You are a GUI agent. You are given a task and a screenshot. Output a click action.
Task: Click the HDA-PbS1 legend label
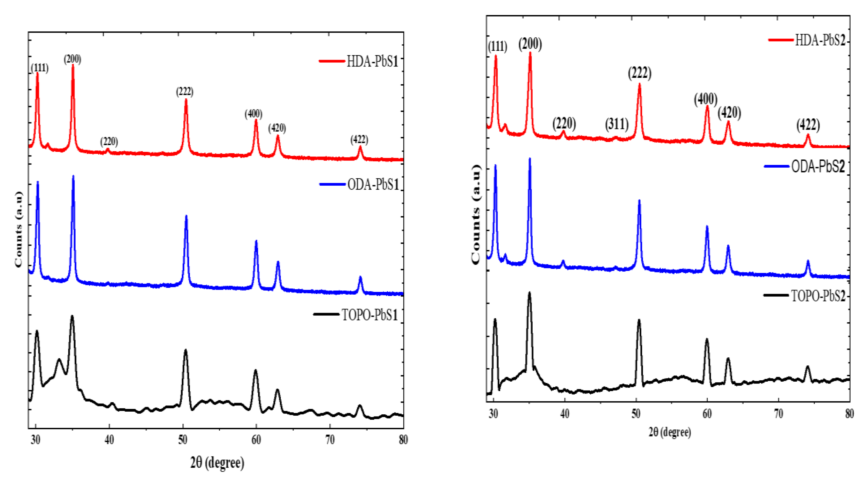tap(372, 62)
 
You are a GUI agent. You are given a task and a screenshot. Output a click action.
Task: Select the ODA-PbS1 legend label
tap(373, 185)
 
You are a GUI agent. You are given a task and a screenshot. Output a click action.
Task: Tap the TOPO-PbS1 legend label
tap(370, 315)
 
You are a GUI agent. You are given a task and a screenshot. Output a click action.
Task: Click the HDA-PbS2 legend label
tap(820, 41)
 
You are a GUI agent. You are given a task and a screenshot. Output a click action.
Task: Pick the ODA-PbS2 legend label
tap(818, 166)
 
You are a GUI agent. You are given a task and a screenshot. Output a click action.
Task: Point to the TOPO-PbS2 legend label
tap(818, 296)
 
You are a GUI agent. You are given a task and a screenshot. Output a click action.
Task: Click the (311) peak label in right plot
tap(617, 124)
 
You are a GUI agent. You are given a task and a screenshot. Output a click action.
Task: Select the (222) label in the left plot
tap(184, 92)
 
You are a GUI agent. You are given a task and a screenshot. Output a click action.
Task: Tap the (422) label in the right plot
tap(808, 125)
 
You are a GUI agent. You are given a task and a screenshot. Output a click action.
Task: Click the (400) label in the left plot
tap(253, 114)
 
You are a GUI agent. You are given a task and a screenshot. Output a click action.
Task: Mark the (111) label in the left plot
tap(39, 68)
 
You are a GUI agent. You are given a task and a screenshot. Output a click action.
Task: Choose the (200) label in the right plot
tap(530, 44)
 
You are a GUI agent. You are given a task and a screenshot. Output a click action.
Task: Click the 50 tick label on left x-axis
tap(182, 439)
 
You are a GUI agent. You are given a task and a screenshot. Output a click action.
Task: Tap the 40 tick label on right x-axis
tap(564, 414)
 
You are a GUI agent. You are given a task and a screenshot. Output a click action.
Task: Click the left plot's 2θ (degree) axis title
tap(217, 462)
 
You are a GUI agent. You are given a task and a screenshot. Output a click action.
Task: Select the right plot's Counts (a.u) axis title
tap(475, 215)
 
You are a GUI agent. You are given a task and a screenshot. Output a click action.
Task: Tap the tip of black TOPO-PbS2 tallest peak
tap(529, 293)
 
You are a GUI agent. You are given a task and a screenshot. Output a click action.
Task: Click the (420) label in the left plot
tap(277, 128)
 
